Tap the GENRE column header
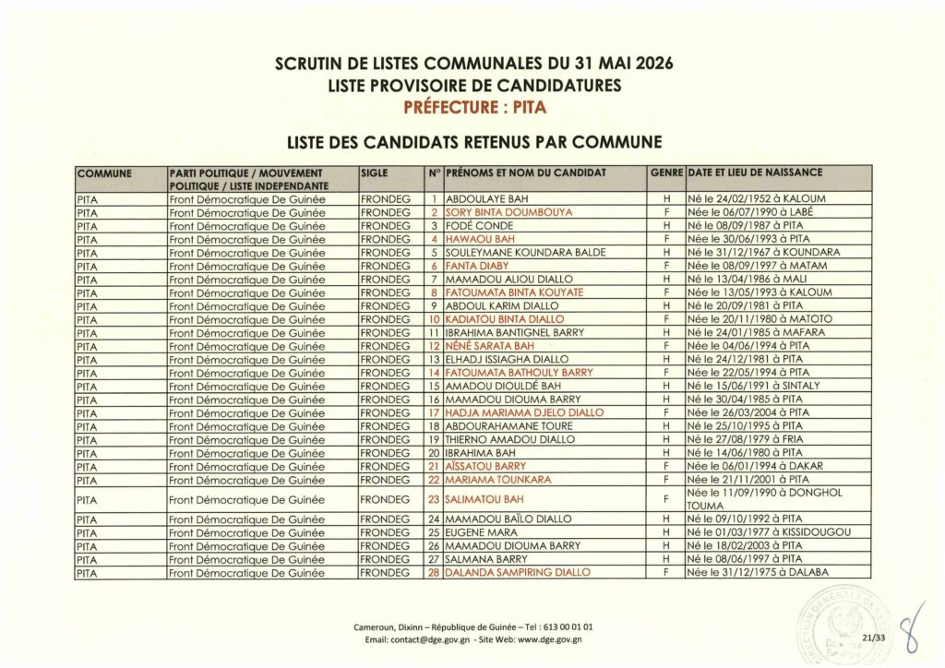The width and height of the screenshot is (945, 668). pos(666,173)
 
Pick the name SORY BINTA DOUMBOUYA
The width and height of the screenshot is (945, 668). pos(508,212)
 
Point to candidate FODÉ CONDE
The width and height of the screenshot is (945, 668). pos(479,225)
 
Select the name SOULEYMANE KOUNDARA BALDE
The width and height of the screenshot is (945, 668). pos(525,252)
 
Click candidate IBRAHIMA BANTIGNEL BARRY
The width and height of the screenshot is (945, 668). pos(519,332)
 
